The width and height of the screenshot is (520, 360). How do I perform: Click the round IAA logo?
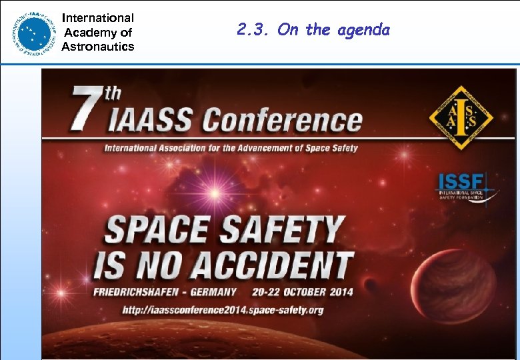[31, 33]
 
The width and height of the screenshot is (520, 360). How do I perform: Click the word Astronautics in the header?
[98, 47]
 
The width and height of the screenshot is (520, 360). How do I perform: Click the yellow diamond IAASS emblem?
[460, 119]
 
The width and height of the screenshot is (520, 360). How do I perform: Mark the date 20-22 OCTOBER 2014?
[303, 292]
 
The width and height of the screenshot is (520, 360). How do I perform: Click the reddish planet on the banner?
[454, 287]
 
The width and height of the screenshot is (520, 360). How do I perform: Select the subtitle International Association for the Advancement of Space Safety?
[231, 147]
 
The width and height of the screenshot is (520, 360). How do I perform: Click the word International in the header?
[98, 18]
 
